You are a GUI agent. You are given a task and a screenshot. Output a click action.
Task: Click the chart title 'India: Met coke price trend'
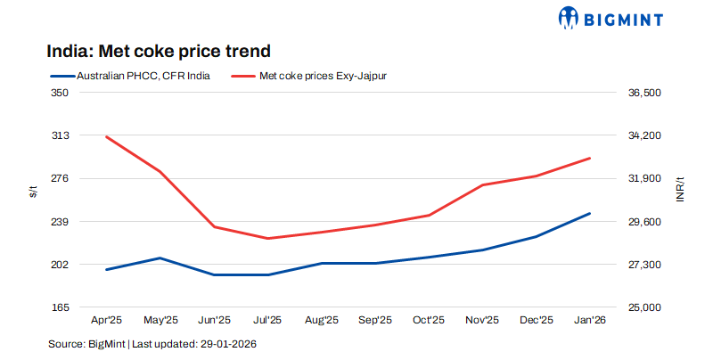click(x=152, y=51)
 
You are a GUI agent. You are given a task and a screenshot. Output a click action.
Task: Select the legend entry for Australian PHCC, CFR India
click(x=130, y=76)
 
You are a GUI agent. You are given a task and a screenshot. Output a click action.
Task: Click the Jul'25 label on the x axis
click(x=267, y=320)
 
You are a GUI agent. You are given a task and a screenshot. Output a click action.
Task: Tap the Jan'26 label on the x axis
click(x=589, y=320)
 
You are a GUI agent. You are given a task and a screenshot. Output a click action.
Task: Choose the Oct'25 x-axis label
click(x=429, y=320)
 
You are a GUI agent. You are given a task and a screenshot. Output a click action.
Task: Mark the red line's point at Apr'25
click(x=107, y=137)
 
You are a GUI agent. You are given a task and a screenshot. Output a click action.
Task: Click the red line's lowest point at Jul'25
click(x=267, y=238)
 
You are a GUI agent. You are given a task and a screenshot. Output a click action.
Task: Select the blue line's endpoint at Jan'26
click(x=589, y=214)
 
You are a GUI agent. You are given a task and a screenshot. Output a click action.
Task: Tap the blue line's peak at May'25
click(x=160, y=258)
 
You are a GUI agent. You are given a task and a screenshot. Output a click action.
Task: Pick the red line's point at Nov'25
click(x=482, y=184)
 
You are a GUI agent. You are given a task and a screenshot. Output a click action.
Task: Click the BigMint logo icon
click(x=570, y=17)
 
